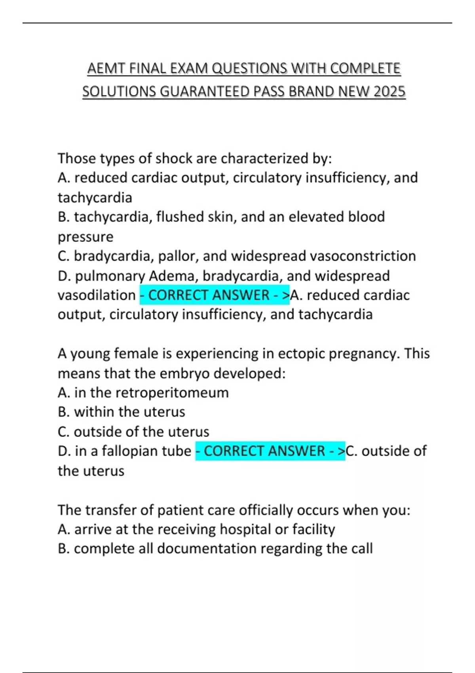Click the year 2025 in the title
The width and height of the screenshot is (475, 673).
pyautogui.click(x=389, y=91)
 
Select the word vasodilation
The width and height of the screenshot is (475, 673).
pyautogui.click(x=97, y=295)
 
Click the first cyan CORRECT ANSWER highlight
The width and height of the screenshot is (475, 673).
pyautogui.click(x=215, y=295)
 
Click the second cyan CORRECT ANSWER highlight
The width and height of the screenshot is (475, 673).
pyautogui.click(x=270, y=451)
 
